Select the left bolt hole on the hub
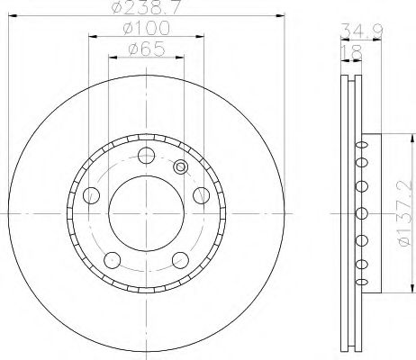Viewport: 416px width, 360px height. (x=90, y=195)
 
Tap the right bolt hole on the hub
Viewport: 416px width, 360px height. (x=199, y=195)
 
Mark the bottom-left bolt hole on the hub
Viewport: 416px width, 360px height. (x=111, y=259)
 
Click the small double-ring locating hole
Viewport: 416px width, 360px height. (x=179, y=166)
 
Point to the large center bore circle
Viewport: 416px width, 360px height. (x=144, y=212)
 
